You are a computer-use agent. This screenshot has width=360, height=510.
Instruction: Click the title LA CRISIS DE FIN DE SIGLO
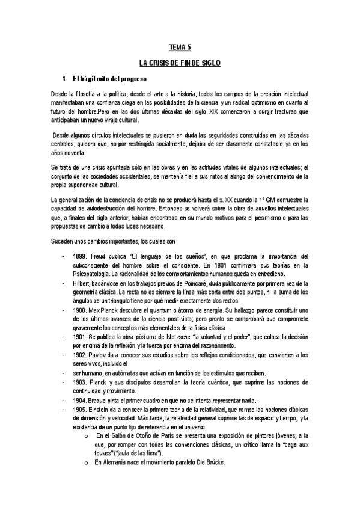180,63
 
